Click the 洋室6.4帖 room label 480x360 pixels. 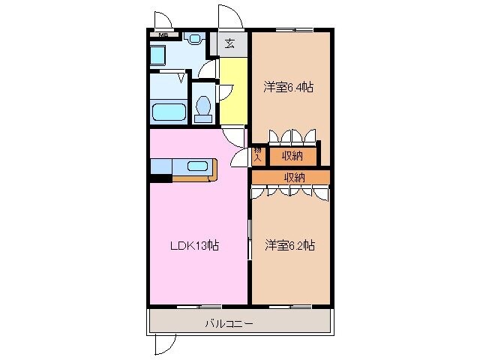point(289,87)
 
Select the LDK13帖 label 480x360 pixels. point(193,245)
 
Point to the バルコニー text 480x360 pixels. point(229,324)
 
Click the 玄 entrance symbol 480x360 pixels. point(229,43)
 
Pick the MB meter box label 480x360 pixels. point(162,34)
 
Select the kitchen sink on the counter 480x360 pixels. point(196,166)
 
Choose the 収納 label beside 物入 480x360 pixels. point(292,156)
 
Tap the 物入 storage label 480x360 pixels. point(258,155)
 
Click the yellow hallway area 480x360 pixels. point(233,90)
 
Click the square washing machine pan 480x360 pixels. point(159,55)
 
